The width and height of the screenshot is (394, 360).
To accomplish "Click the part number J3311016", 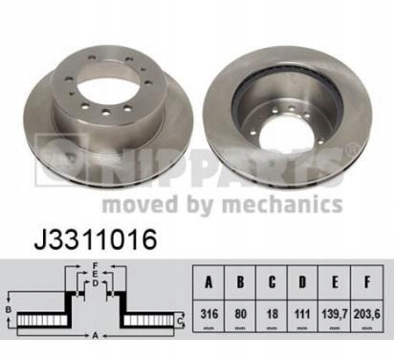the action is tap(96, 239).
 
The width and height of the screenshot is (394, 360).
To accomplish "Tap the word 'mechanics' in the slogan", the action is tap(282, 204).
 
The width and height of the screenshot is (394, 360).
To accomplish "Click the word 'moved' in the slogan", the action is tap(140, 204).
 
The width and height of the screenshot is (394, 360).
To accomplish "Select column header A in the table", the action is tap(208, 282).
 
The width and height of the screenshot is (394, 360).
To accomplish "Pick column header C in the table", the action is tap(272, 282).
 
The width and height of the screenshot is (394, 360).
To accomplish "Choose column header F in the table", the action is tap(367, 282).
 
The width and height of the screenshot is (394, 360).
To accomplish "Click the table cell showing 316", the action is tap(208, 314).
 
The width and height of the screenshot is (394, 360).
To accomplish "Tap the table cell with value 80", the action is tap(240, 314).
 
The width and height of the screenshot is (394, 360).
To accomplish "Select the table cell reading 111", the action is tap(302, 314).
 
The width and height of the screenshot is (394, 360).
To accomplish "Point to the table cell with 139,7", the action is tap(335, 314).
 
